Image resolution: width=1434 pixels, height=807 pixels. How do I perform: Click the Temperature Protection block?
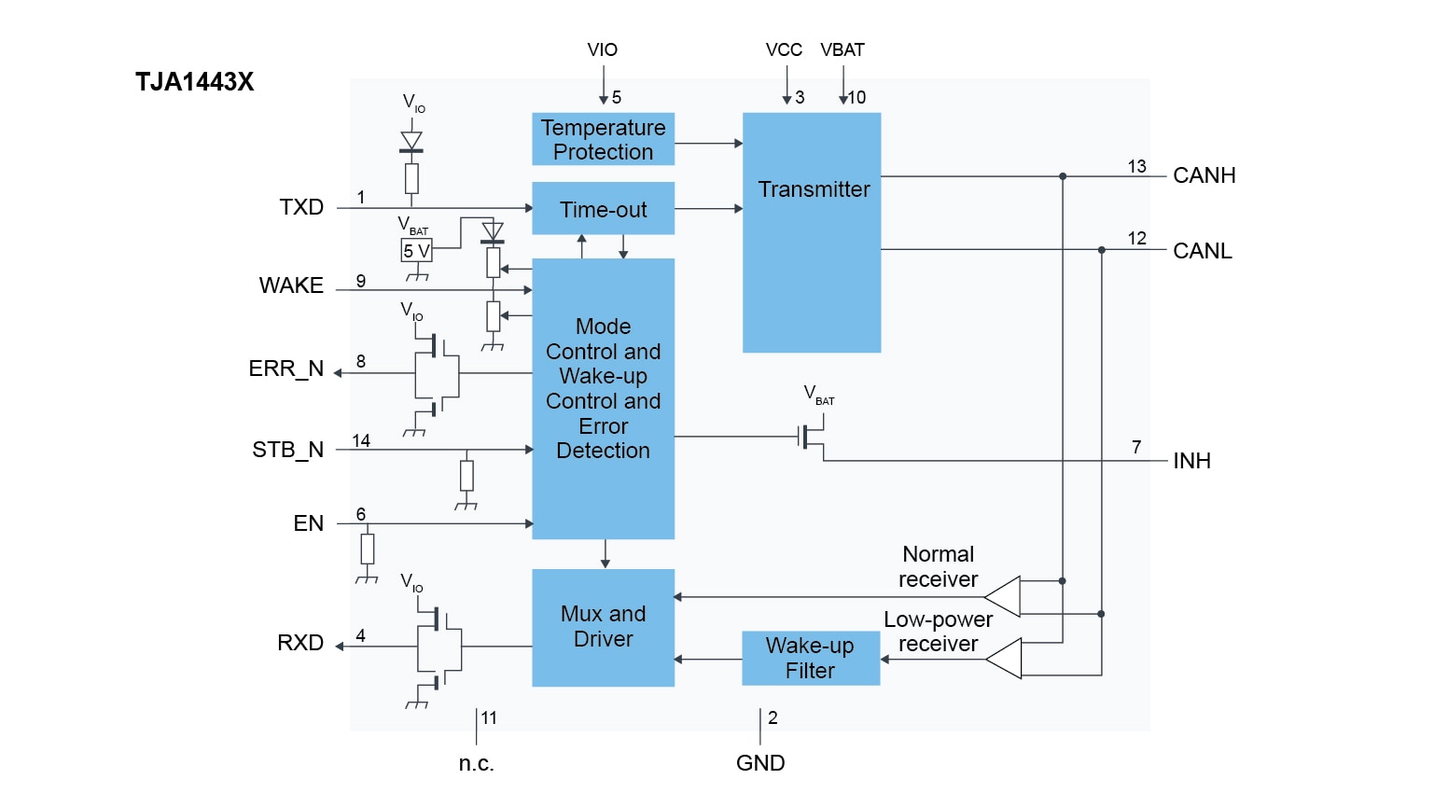tap(603, 139)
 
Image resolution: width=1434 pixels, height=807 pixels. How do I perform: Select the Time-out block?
tap(603, 209)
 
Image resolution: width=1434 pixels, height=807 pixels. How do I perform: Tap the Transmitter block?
tap(812, 232)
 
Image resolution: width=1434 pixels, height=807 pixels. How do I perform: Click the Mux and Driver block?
tap(603, 627)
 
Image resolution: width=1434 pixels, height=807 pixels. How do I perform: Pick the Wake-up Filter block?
tap(810, 658)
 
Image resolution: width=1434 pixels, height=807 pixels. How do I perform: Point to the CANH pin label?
tap(1204, 175)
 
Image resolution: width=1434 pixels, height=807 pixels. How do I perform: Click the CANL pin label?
tap(1202, 251)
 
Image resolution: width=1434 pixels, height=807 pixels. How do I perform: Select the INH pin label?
tap(1191, 461)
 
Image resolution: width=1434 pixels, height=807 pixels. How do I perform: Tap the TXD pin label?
tap(301, 207)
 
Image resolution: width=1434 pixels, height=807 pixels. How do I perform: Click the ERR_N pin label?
tap(285, 369)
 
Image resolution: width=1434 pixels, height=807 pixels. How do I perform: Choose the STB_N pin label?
tap(287, 450)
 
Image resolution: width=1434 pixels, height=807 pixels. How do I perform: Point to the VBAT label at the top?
tap(842, 50)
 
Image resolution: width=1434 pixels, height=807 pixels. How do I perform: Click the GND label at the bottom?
tap(759, 763)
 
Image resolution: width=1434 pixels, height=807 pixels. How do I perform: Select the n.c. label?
tap(476, 763)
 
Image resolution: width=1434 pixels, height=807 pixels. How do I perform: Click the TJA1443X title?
tap(194, 82)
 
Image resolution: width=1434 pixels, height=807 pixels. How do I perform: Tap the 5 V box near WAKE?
tap(416, 251)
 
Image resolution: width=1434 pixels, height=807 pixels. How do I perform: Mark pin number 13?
tap(1136, 166)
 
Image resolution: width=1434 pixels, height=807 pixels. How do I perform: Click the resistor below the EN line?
tap(368, 549)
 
